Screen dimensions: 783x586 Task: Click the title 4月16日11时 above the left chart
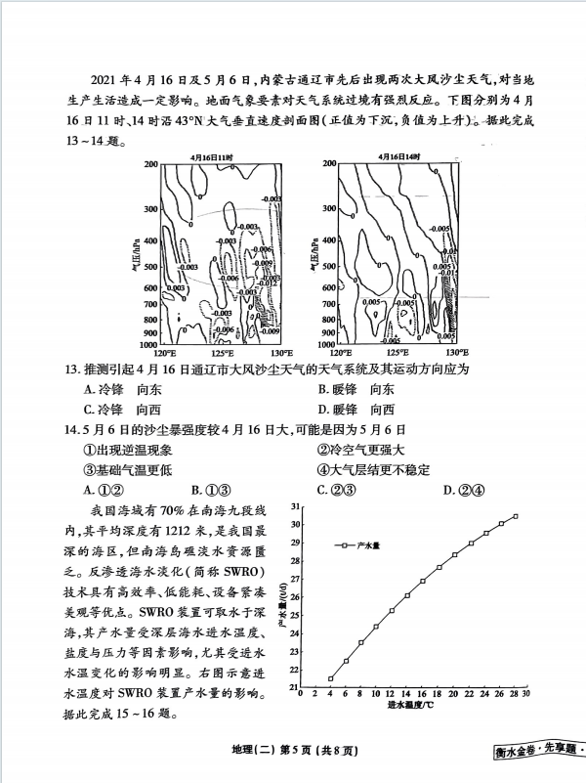pyautogui.click(x=213, y=156)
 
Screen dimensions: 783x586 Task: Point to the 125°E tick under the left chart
pyautogui.click(x=221, y=353)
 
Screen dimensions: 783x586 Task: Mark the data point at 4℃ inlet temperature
pyautogui.click(x=331, y=678)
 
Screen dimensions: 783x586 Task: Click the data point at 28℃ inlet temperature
pyautogui.click(x=516, y=516)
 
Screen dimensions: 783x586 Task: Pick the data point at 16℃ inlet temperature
pyautogui.click(x=423, y=581)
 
